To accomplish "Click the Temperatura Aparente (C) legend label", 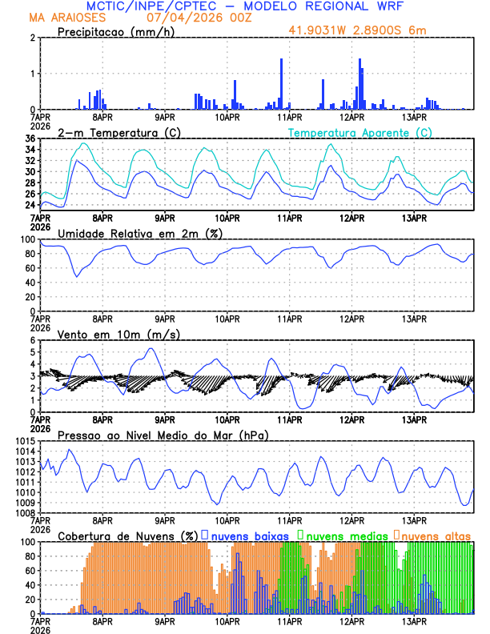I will [359, 132].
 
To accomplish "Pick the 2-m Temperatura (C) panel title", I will [118, 132].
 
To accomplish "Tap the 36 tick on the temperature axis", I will [30, 139].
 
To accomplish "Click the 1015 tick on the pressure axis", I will [23, 441].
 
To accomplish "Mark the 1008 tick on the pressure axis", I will [23, 512].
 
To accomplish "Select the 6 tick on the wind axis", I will [33, 340].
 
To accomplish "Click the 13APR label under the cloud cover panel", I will [413, 621].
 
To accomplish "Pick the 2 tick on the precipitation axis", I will [33, 38].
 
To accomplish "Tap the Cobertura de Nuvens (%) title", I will [127, 535].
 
